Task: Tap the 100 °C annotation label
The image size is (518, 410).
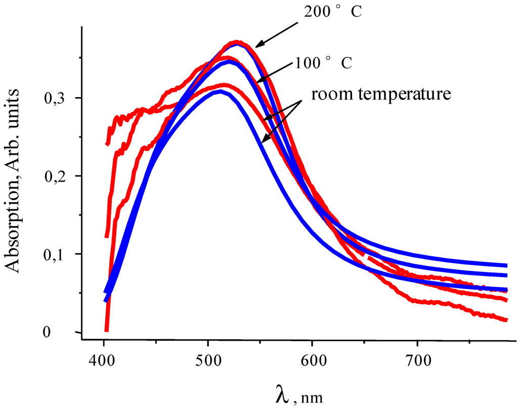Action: pos(323,64)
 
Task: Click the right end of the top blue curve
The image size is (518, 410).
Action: pos(506,265)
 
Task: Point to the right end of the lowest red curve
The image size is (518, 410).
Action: pos(506,320)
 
